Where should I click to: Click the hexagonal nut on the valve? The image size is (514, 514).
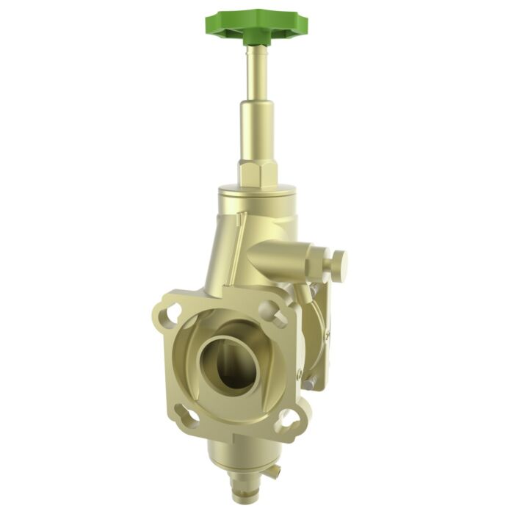pos(257,173)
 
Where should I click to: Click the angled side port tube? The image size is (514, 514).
pos(283,261)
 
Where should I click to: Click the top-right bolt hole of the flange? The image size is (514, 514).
pos(279,317)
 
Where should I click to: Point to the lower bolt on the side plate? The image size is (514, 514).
pos(312,382)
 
